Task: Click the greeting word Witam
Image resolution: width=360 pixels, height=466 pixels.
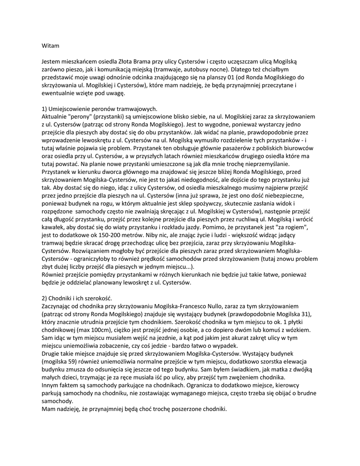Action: point(50,46)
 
